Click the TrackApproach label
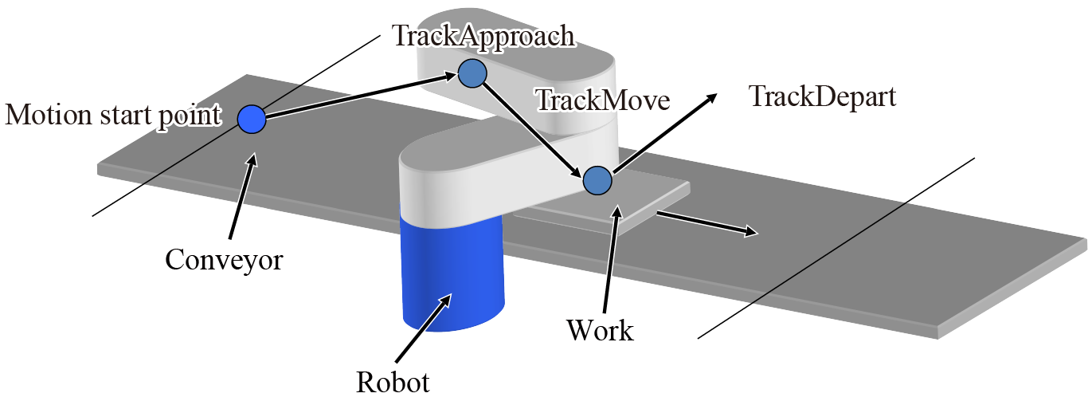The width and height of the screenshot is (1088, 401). (483, 36)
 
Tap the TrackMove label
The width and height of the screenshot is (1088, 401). (603, 100)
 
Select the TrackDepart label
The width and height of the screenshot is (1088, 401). (823, 97)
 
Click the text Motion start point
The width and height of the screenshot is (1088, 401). (112, 116)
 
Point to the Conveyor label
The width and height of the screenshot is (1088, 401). (224, 259)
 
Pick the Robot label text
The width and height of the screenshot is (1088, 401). (393, 382)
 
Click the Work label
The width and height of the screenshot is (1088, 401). (600, 329)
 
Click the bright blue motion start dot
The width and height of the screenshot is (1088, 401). (252, 120)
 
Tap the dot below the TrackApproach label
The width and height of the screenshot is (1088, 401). (472, 73)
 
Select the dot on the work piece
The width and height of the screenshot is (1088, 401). (597, 180)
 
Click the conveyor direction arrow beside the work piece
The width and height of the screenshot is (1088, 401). (706, 224)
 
